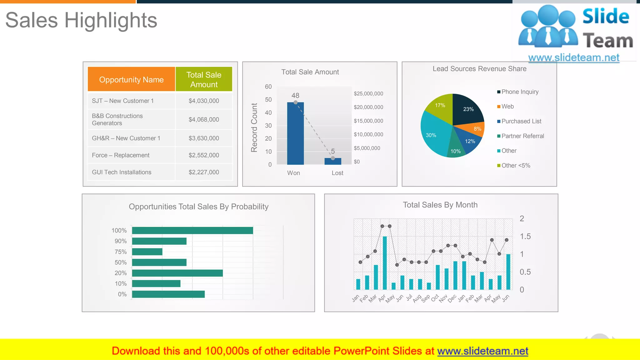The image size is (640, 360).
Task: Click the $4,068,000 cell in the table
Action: (x=204, y=119)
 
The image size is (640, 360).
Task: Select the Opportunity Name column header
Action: (x=131, y=79)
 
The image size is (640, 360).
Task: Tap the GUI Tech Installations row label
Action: (x=122, y=172)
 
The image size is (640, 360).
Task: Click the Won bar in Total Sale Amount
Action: (x=295, y=134)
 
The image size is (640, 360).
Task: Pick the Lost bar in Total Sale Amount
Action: (x=333, y=161)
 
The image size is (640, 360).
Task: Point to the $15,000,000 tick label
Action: (x=368, y=121)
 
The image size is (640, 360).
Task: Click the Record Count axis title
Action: (x=254, y=127)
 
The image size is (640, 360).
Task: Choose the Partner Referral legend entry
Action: (x=522, y=136)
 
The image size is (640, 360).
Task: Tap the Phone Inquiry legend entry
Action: (x=520, y=92)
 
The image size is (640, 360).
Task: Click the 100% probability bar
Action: (x=192, y=231)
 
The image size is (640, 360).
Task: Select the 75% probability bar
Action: (x=147, y=252)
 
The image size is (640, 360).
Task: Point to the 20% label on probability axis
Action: (x=121, y=273)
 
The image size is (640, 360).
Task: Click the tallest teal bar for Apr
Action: (x=385, y=262)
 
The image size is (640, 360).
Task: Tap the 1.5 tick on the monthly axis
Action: (x=525, y=237)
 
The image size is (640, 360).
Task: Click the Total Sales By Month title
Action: (x=440, y=205)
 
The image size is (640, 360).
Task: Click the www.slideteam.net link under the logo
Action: (x=573, y=57)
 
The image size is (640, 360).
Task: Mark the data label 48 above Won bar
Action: (x=295, y=95)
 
